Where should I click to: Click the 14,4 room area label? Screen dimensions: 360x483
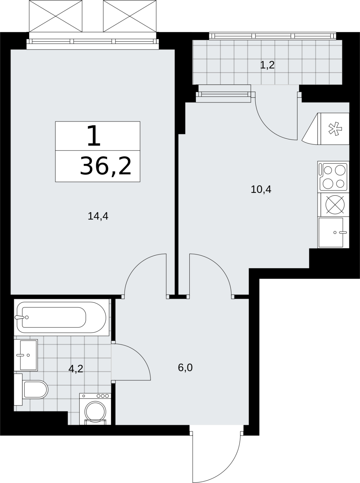click(98, 216)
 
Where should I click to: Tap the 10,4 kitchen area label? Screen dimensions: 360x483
click(261, 189)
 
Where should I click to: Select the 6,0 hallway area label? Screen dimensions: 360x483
click(185, 368)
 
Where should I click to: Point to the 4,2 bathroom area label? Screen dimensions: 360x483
click(76, 369)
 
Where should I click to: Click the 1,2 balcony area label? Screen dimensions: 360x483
click(267, 65)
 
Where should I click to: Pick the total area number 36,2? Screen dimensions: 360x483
click(106, 166)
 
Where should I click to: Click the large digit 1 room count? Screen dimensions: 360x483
click(94, 136)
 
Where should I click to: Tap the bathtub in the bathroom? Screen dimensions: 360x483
click(61, 317)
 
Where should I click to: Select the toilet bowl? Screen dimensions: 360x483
click(35, 390)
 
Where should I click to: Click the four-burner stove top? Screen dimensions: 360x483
click(333, 177)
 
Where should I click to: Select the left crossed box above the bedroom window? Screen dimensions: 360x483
click(56, 16)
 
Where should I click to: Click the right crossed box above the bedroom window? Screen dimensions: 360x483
click(130, 16)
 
